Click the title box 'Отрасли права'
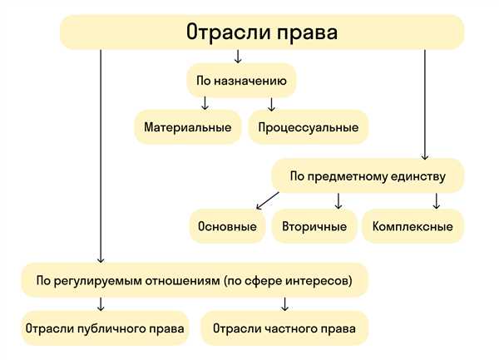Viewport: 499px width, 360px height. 262,32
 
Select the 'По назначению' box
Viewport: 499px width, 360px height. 241,81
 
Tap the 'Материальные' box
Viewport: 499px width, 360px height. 188,127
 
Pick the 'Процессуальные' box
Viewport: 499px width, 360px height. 309,127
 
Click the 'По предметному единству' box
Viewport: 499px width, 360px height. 368,176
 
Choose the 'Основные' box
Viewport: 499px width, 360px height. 227,226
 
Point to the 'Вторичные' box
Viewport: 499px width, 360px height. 314,226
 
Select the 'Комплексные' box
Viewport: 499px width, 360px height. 413,226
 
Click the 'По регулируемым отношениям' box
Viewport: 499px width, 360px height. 195,280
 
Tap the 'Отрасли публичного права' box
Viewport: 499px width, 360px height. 105,328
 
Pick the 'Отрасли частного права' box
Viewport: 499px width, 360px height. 284,328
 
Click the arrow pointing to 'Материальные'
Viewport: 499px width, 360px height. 205,103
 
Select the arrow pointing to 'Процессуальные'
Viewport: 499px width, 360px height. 271,104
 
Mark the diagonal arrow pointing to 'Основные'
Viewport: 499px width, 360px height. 268,200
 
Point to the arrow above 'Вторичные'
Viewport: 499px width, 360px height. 338,200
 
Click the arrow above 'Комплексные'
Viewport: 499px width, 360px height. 437,200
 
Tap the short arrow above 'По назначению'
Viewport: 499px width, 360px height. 238,57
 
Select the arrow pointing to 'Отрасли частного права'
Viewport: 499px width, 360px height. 284,304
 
